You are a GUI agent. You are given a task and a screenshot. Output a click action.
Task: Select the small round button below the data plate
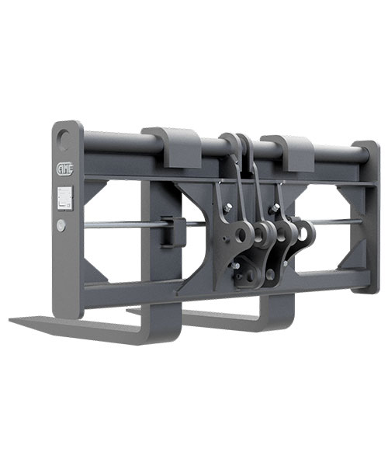coord(61,224)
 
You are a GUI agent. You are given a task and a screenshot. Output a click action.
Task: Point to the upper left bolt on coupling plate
coord(230,206)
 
